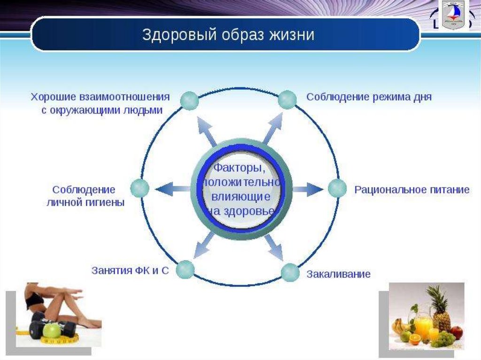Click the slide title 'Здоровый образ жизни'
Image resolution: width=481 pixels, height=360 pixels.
[x=228, y=35]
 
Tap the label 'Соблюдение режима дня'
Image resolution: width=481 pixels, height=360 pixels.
[x=369, y=97]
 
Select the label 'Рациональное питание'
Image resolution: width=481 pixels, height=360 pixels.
[x=411, y=190]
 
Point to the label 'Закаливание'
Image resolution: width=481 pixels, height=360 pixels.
[x=338, y=274]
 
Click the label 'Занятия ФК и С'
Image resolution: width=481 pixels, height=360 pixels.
[x=130, y=271]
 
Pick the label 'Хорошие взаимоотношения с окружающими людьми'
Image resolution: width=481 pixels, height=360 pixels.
[x=100, y=103]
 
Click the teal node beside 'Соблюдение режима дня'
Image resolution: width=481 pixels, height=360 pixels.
[x=287, y=100]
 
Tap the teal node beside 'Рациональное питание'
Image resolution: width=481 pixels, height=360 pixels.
[x=337, y=189]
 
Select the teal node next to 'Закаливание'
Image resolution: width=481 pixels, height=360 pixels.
[x=290, y=273]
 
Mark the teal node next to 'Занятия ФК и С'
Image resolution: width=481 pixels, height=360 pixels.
[x=185, y=269]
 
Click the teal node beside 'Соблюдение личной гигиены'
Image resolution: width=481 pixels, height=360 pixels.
[x=140, y=188]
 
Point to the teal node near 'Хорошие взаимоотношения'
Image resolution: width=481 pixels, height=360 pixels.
[x=189, y=101]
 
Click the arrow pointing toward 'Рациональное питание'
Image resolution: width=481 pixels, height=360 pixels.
[x=308, y=189]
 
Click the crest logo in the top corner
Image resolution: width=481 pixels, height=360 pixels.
[x=452, y=15]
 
